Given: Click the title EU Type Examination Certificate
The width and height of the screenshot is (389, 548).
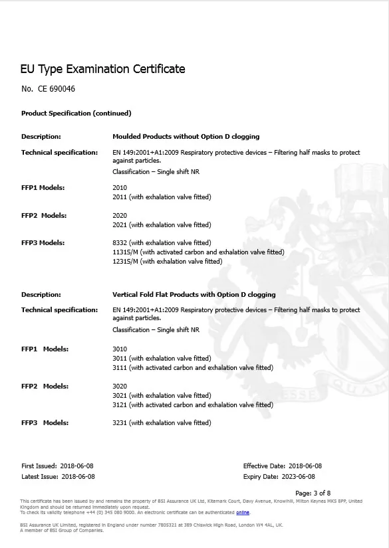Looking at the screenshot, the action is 103,69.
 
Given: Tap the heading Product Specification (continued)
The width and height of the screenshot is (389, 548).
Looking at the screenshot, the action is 76,114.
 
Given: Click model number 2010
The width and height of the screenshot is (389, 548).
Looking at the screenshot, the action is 120,188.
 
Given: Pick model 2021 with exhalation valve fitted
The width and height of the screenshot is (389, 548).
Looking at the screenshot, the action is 162,225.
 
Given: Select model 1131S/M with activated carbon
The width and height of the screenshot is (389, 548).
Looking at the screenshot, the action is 198,252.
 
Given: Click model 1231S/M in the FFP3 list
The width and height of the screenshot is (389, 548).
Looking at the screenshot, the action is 168,262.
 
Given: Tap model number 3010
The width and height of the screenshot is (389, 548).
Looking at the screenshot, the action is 120,349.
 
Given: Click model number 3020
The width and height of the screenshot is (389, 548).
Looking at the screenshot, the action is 120,386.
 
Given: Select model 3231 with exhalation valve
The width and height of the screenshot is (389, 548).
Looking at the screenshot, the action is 162,423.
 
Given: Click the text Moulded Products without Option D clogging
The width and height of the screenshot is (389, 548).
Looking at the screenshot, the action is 186,137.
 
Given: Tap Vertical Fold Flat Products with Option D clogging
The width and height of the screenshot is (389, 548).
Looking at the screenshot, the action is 194,294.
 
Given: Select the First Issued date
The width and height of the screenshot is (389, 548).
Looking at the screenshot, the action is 77,466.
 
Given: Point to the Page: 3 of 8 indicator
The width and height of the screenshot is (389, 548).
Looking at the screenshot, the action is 312,493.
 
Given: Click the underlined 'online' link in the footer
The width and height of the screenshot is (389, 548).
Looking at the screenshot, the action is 242,513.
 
